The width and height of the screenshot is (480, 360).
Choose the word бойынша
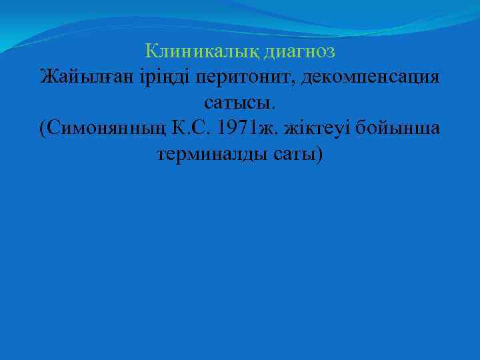(399, 129)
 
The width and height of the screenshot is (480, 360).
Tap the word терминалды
(213, 155)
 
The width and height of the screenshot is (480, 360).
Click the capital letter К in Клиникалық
(151, 51)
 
